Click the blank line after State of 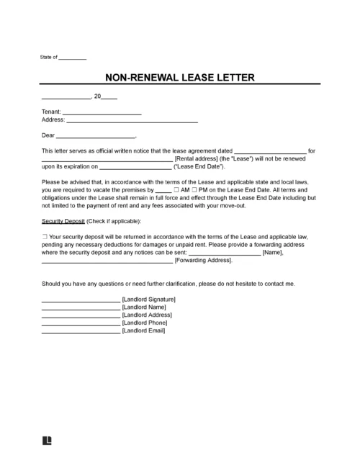pyautogui.click(x=72, y=58)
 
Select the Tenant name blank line pyautogui.click(x=102, y=114)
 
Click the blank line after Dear pyautogui.click(x=95, y=136)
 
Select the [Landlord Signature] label pyautogui.click(x=149, y=299)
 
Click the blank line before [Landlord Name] pyautogui.click(x=81, y=307)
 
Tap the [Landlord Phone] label pyautogui.click(x=145, y=323)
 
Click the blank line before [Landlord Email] pyautogui.click(x=81, y=330)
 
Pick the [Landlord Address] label pyautogui.click(x=147, y=315)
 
